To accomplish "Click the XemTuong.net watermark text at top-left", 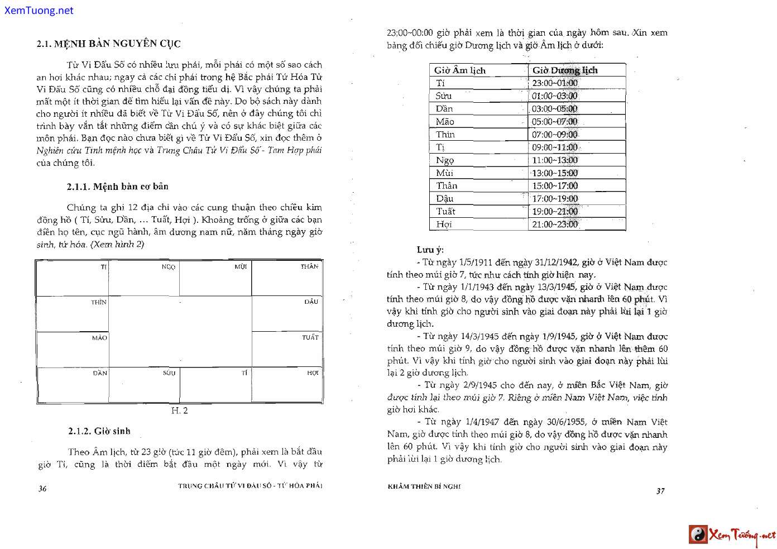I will [x=39, y=10].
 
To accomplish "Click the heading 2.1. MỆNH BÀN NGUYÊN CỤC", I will [x=108, y=44].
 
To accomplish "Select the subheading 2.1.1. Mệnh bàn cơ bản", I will [x=117, y=187].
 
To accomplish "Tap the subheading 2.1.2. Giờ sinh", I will [x=99, y=431].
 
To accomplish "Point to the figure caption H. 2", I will [x=179, y=411].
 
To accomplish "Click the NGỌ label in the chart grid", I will [x=169, y=267].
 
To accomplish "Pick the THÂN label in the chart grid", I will [x=309, y=266].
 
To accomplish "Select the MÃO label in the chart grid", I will [x=99, y=338].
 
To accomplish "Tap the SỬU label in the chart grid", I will [x=169, y=373].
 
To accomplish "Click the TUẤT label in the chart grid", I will [x=310, y=337].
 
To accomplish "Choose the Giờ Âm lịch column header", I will [x=460, y=70].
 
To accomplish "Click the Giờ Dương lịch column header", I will [x=565, y=70].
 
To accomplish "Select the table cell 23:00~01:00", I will [x=555, y=83].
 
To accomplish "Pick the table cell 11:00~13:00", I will [x=555, y=160].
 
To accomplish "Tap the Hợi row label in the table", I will [x=444, y=225].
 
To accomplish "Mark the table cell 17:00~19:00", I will [x=555, y=199].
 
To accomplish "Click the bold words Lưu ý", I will [x=430, y=250].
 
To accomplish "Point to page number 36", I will [x=42, y=489].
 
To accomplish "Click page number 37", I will [x=660, y=491].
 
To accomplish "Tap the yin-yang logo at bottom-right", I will [x=698, y=534].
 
